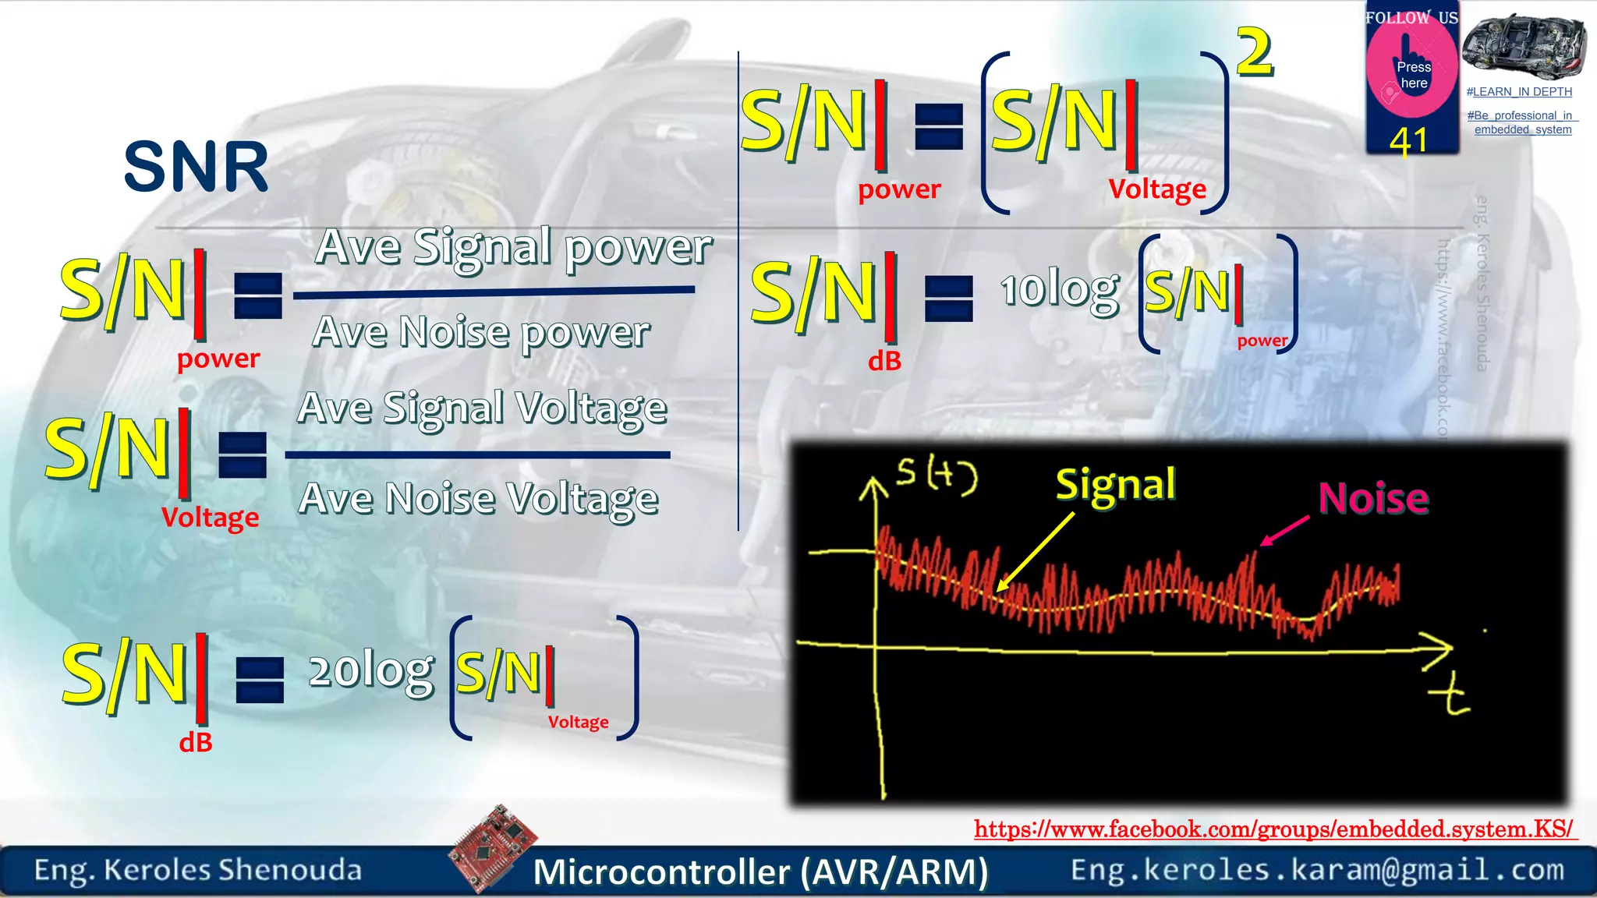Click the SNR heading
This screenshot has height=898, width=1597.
click(x=197, y=167)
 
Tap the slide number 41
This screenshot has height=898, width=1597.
click(x=1408, y=141)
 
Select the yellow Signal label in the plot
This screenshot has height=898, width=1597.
click(x=1115, y=485)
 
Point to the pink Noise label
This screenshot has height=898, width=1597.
click(x=1373, y=498)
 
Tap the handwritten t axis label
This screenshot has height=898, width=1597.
click(x=1450, y=695)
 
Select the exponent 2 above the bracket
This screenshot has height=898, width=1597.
click(x=1255, y=52)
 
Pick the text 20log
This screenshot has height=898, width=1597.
click(x=371, y=672)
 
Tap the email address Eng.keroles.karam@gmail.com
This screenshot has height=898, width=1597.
click(x=1317, y=870)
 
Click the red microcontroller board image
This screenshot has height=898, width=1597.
click(x=494, y=846)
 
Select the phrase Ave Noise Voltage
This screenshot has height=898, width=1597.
click(x=478, y=499)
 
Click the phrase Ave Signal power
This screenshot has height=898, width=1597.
click(x=514, y=248)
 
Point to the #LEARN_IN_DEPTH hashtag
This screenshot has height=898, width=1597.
click(x=1519, y=92)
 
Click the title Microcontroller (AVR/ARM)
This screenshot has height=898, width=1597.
click(x=760, y=871)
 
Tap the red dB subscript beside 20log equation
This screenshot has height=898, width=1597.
click(x=196, y=742)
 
